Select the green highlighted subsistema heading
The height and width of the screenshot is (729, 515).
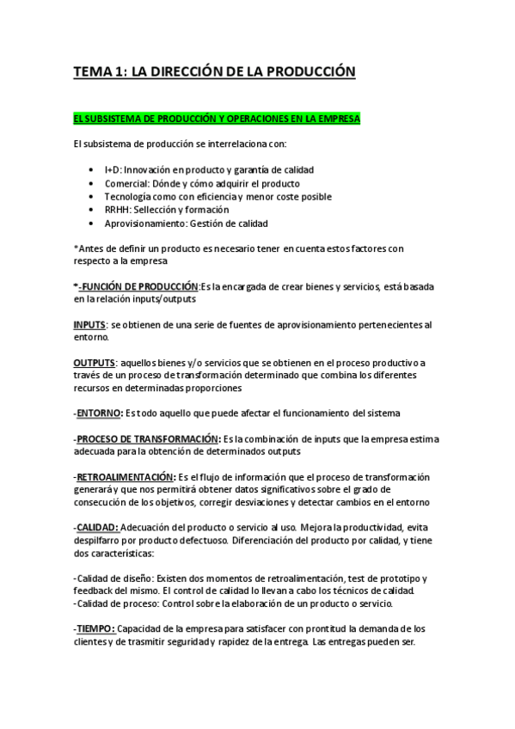[x=217, y=118]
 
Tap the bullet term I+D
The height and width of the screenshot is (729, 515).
[x=113, y=170]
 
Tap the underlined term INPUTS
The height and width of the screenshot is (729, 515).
[x=89, y=325]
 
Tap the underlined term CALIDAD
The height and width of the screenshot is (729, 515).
[x=97, y=527]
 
